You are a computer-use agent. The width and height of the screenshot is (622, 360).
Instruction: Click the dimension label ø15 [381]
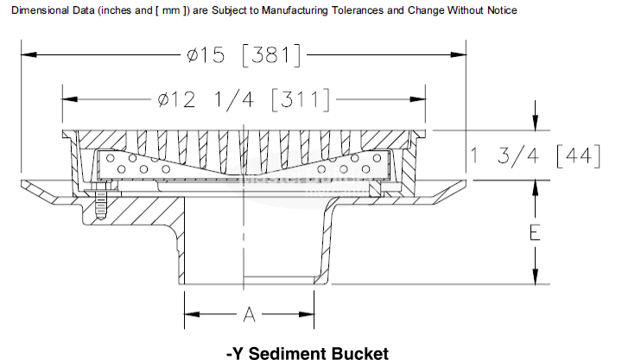(x=244, y=55)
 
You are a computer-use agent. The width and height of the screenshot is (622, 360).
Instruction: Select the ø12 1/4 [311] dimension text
(x=244, y=99)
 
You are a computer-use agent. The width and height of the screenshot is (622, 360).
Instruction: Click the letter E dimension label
(x=536, y=232)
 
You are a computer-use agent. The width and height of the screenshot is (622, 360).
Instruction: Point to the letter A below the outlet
(x=249, y=315)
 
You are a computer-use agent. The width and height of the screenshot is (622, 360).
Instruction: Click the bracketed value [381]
(x=272, y=55)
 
